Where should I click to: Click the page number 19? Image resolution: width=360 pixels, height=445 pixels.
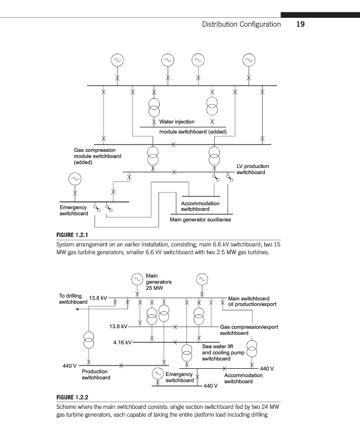click(x=300, y=24)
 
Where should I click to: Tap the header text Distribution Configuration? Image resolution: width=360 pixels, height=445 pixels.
click(x=241, y=24)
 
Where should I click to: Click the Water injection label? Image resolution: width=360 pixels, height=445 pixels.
click(x=177, y=121)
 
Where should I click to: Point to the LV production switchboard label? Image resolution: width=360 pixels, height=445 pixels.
click(x=253, y=169)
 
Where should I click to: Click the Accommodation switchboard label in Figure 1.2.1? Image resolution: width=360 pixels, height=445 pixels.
click(x=200, y=206)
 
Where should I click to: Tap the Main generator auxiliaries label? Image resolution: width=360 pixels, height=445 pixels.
click(x=200, y=220)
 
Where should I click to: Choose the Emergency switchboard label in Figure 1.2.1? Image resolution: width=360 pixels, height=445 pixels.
click(x=73, y=210)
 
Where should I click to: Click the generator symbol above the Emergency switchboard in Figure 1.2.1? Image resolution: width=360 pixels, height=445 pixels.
click(x=74, y=179)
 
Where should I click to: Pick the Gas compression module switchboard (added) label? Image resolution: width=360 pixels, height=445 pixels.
click(x=97, y=156)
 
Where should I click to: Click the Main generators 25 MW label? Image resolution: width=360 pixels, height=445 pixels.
click(x=158, y=282)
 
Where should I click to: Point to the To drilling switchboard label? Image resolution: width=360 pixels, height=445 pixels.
click(x=71, y=299)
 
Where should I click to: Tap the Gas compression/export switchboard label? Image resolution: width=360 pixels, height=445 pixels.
click(x=249, y=330)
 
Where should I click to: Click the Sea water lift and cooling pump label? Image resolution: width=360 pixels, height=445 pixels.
click(x=223, y=353)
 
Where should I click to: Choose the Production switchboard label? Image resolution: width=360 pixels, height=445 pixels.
click(x=96, y=374)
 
